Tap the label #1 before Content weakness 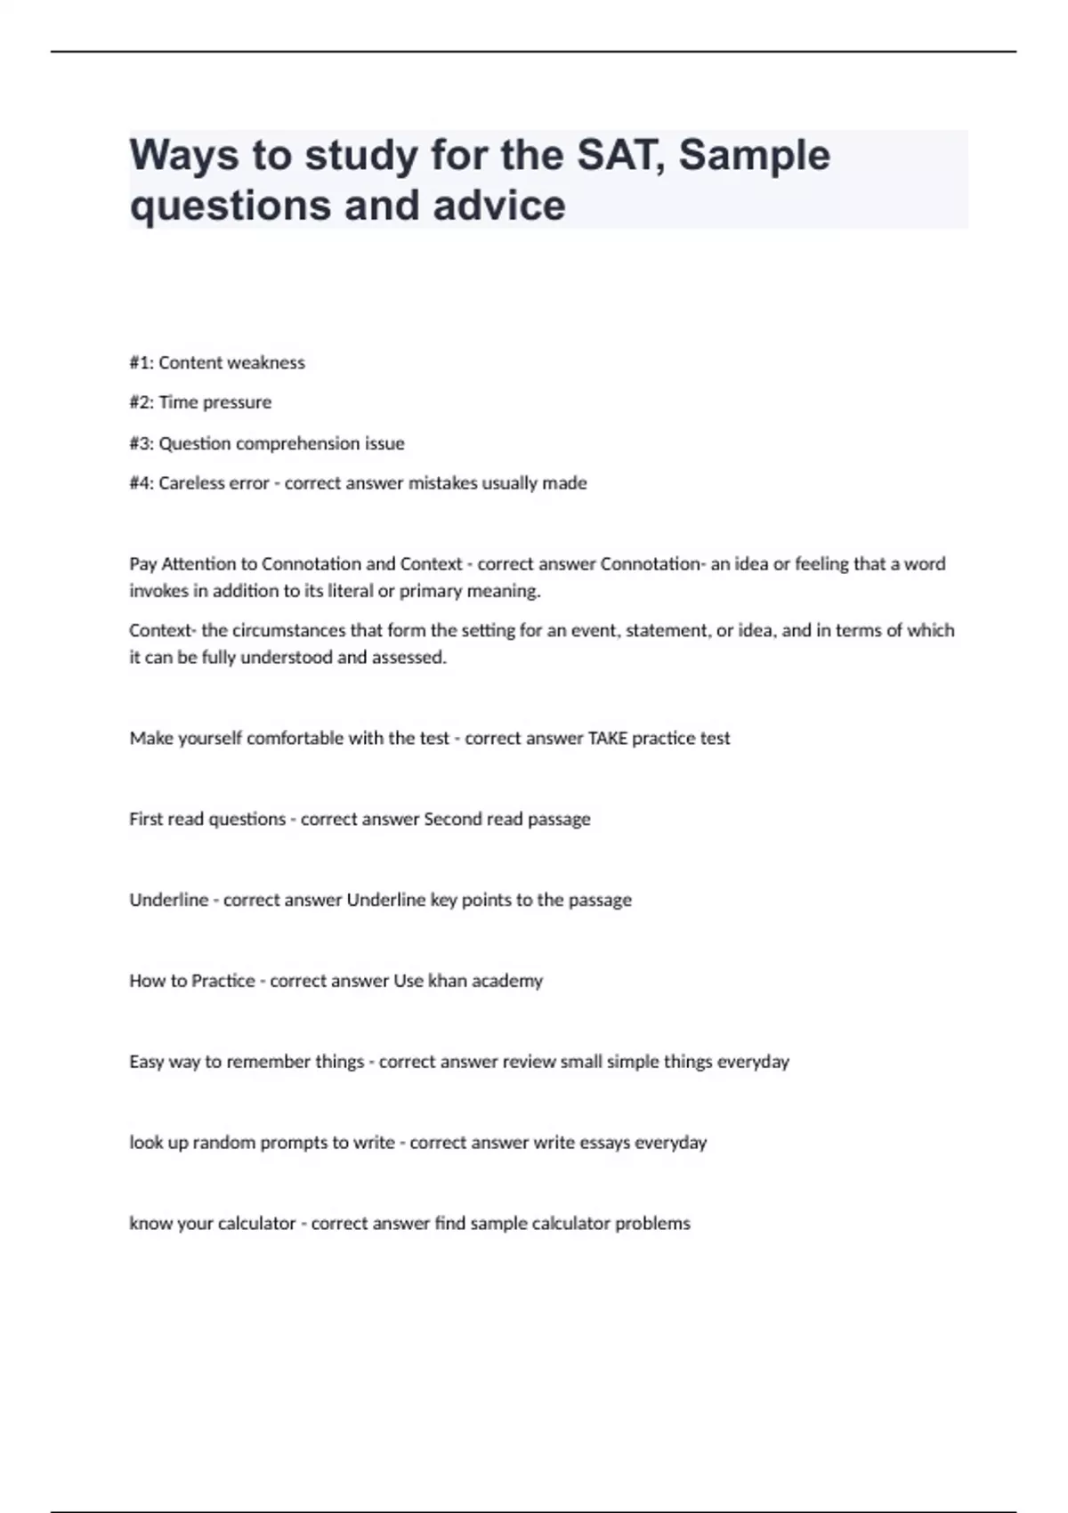[x=141, y=362]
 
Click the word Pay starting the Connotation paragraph [x=142, y=563]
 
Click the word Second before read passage [x=453, y=819]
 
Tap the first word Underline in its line [x=168, y=900]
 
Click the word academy [x=507, y=981]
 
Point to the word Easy [x=146, y=1062]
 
